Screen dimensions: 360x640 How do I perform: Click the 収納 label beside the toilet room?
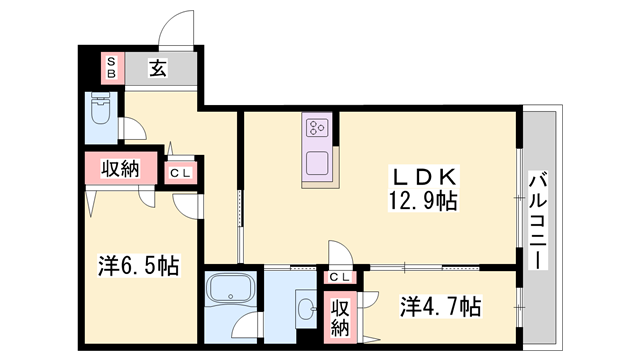pyautogui.click(x=119, y=169)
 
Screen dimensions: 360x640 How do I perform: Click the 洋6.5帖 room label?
pyautogui.click(x=138, y=266)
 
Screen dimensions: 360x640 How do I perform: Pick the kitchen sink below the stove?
pyautogui.click(x=319, y=162)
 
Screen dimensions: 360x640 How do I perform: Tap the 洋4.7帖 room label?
pyautogui.click(x=441, y=304)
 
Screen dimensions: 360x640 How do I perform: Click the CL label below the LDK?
pyautogui.click(x=340, y=276)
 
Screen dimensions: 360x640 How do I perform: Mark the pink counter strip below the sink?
pyautogui.click(x=319, y=182)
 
